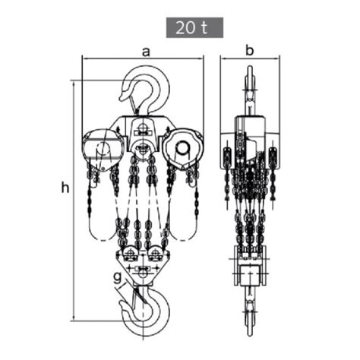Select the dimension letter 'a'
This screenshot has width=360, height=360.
(144, 51)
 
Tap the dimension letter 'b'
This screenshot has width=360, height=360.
(248, 51)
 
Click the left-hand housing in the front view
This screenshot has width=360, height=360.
(101, 146)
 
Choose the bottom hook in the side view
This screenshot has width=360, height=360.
(248, 311)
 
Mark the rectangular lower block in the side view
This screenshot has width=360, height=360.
(248, 274)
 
